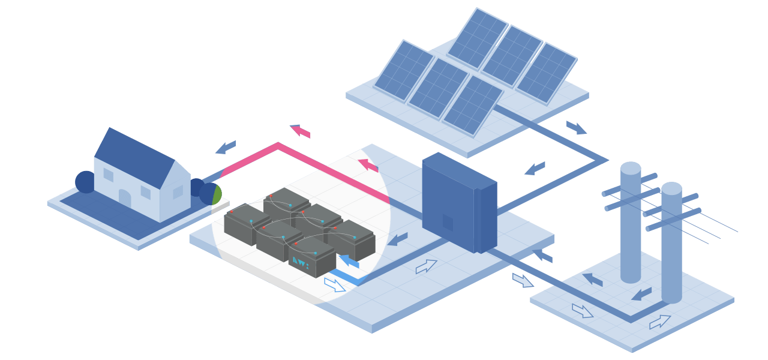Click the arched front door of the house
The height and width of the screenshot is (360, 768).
tap(125, 199)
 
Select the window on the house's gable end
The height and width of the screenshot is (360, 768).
tap(178, 191)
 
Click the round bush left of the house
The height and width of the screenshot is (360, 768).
tap(85, 182)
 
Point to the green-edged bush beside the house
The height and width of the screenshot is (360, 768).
tap(211, 194)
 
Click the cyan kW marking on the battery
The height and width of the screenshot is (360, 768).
tap(301, 262)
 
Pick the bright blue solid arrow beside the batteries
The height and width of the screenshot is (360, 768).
tap(349, 260)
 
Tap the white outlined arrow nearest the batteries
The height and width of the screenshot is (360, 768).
tap(335, 284)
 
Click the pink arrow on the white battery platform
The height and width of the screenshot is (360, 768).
tap(368, 165)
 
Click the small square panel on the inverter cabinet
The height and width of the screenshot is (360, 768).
tap(448, 223)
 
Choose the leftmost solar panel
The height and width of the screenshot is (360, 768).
tap(404, 71)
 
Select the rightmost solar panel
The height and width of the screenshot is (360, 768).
tap(546, 73)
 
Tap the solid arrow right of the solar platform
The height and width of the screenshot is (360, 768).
tap(576, 128)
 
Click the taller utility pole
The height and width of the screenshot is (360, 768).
tap(631, 222)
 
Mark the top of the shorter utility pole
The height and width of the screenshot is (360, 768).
tap(671, 188)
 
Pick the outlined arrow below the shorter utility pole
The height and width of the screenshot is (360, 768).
tap(660, 322)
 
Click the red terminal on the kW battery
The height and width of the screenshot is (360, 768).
tap(296, 244)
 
